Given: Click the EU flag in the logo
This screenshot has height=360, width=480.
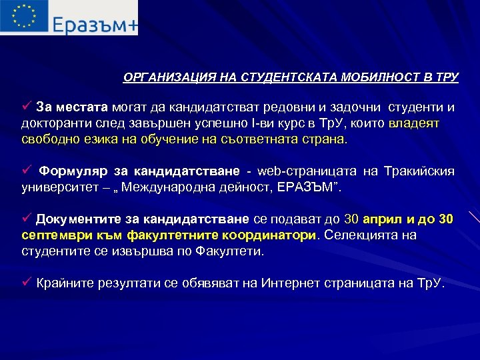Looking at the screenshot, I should (x=24, y=17).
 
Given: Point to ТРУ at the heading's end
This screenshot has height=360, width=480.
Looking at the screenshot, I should (x=446, y=77).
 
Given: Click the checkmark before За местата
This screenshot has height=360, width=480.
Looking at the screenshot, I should (x=27, y=106).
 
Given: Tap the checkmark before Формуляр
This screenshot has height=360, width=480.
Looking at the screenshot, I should (x=27, y=171).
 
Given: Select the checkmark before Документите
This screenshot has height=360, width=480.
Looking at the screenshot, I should (x=27, y=219).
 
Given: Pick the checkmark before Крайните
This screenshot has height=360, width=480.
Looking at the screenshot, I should (x=27, y=282).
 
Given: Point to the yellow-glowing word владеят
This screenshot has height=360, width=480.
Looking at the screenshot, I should (x=414, y=123).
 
